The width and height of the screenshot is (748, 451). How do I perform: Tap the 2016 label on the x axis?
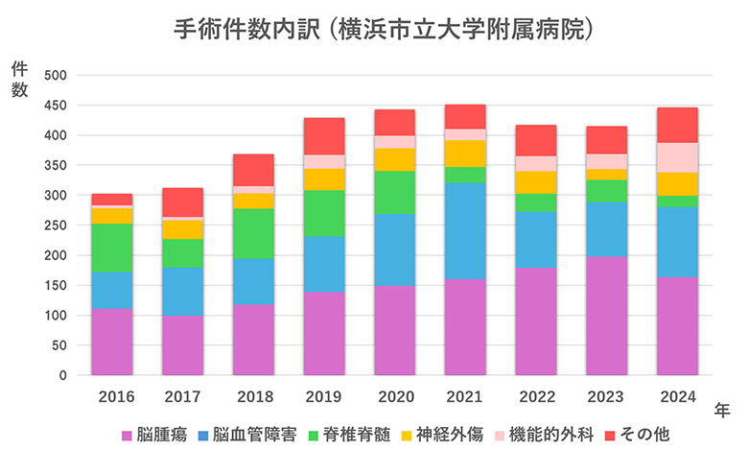[112, 395]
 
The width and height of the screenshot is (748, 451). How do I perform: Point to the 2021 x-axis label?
[465, 395]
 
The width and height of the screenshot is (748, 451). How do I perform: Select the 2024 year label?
[677, 395]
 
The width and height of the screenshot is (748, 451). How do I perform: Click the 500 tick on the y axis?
[56, 76]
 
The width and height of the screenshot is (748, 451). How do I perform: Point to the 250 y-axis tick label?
[56, 225]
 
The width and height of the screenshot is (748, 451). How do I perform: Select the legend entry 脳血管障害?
[245, 434]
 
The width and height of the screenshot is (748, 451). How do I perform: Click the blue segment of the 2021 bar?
[465, 230]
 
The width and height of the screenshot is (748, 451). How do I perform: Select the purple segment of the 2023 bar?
[606, 316]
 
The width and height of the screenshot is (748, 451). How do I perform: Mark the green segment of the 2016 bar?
[112, 248]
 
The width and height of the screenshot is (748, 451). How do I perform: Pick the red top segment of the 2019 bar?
[324, 136]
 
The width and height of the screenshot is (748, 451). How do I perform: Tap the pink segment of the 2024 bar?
[677, 157]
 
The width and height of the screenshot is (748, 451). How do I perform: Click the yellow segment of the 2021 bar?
[465, 154]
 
